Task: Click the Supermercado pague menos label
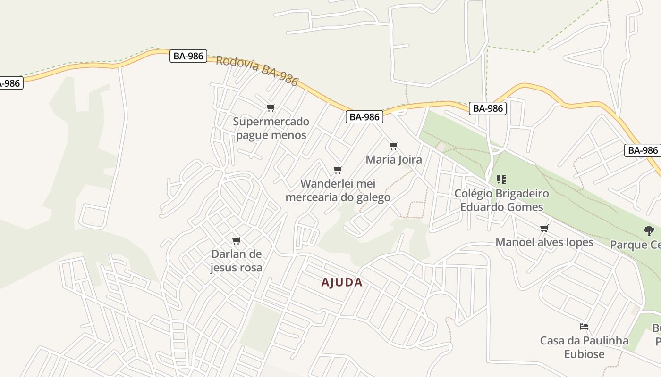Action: click(x=271, y=128)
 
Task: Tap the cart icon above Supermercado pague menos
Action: click(x=271, y=108)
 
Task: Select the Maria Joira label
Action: click(x=394, y=159)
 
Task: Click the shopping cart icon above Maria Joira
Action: click(x=394, y=146)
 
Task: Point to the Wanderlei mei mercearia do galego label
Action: click(x=338, y=190)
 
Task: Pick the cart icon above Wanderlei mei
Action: click(x=338, y=170)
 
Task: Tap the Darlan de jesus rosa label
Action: click(x=236, y=261)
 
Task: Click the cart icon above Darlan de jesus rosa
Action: click(x=237, y=240)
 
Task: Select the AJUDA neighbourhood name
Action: click(x=342, y=282)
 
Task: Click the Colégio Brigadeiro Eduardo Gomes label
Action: click(x=501, y=200)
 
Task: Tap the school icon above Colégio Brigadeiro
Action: click(x=501, y=180)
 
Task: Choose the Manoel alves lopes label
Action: click(x=544, y=242)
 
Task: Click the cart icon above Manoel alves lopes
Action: click(x=544, y=228)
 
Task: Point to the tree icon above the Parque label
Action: click(x=649, y=230)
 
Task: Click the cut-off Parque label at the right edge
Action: click(x=636, y=245)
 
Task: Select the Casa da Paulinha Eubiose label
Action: click(x=584, y=347)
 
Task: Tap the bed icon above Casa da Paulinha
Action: click(x=584, y=326)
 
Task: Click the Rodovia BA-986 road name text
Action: click(x=257, y=71)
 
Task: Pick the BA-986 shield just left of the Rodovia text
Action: click(x=188, y=56)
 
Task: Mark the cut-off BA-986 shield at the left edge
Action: click(x=9, y=83)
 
